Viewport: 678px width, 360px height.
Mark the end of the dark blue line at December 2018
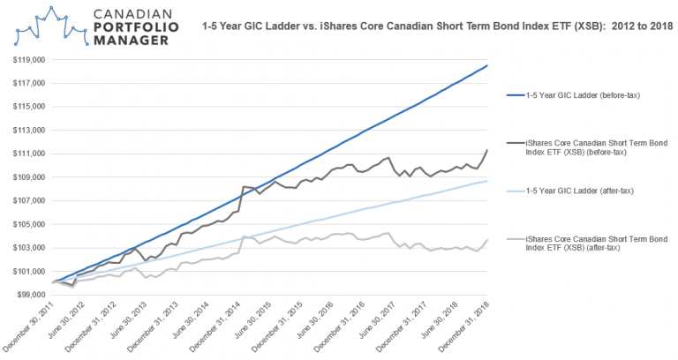(487, 65)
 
